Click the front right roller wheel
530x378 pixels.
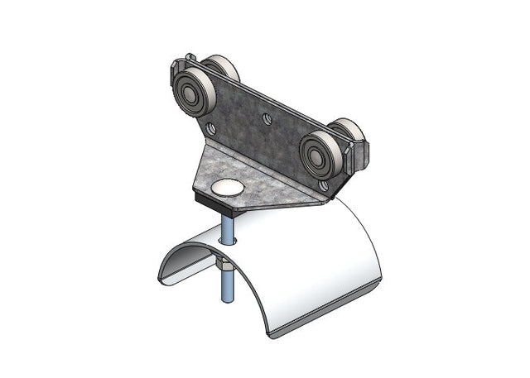pos(320,153)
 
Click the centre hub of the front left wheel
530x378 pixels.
pos(190,94)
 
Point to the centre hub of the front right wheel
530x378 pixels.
pos(319,154)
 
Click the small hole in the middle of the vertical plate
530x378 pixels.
pos(267,119)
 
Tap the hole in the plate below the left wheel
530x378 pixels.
pos(210,128)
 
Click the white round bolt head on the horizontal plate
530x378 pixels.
pos(228,188)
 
